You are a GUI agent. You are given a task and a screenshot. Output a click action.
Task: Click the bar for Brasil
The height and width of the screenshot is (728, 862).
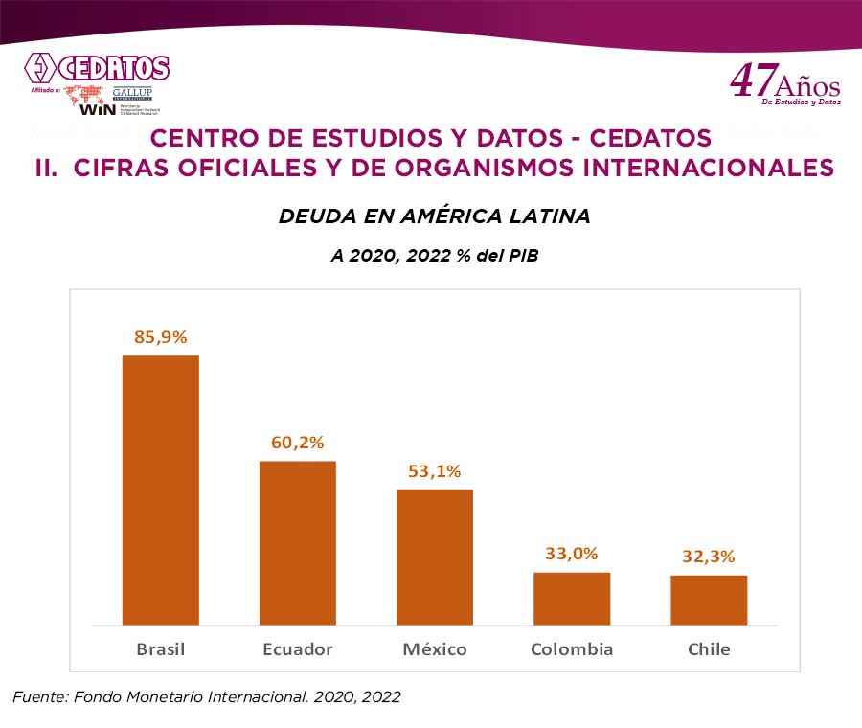click(x=160, y=489)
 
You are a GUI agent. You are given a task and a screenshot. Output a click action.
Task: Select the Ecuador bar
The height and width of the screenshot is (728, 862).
click(x=297, y=542)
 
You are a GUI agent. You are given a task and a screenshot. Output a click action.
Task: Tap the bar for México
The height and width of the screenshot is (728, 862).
click(x=435, y=557)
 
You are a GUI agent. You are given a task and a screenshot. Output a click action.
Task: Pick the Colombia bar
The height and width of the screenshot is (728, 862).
click(x=572, y=598)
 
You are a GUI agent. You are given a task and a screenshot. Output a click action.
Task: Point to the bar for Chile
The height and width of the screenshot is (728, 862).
click(x=709, y=600)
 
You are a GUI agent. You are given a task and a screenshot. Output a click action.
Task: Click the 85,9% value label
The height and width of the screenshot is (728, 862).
click(x=160, y=337)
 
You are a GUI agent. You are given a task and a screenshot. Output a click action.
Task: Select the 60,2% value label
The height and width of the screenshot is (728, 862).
click(x=297, y=443)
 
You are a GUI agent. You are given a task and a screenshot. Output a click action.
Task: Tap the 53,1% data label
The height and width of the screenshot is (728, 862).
click(x=434, y=471)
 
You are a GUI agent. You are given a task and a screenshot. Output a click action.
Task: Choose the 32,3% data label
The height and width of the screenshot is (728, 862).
click(x=709, y=557)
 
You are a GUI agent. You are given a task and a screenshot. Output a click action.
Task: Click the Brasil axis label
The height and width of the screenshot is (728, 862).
click(x=160, y=649)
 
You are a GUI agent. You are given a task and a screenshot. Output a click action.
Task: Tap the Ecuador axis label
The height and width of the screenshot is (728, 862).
click(x=298, y=649)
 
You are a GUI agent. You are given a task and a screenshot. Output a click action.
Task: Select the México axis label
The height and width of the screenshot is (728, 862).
click(x=435, y=649)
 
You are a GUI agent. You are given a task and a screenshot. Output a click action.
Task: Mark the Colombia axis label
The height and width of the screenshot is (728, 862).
click(x=572, y=649)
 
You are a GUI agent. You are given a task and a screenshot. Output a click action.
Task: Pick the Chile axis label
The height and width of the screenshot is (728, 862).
click(x=709, y=649)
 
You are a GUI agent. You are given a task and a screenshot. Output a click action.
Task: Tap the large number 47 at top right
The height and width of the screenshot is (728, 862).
click(x=750, y=81)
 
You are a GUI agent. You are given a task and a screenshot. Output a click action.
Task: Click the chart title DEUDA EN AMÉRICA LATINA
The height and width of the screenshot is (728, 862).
click(x=434, y=216)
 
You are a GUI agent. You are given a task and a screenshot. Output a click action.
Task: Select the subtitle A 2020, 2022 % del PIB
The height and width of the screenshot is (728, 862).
click(x=434, y=257)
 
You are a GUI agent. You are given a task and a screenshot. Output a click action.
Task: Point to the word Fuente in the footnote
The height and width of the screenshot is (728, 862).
click(x=38, y=697)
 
